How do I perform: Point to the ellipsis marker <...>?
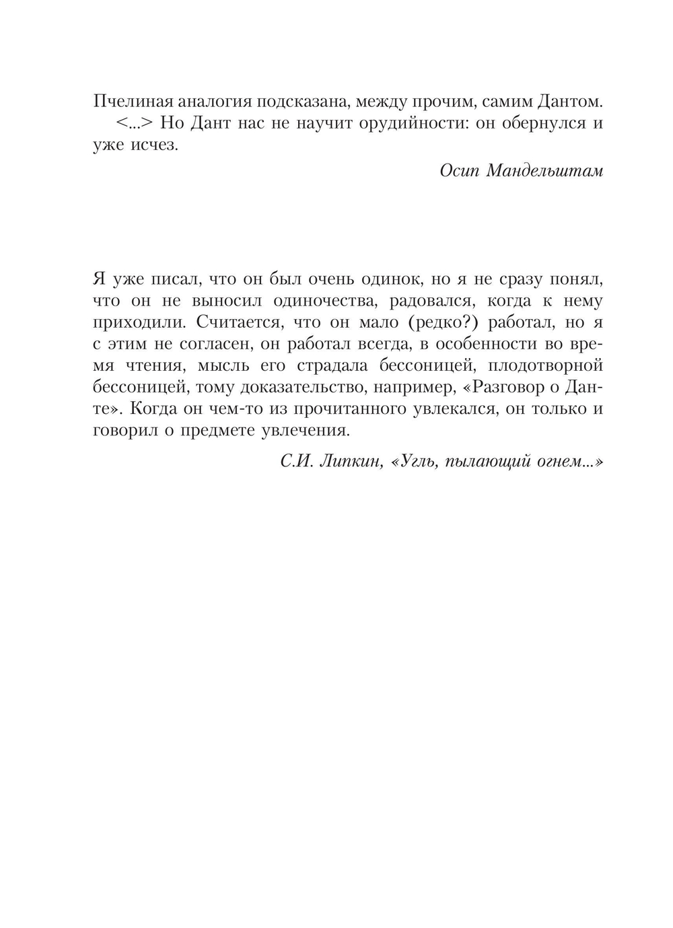(x=133, y=124)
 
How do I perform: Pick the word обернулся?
(x=518, y=124)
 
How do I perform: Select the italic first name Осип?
(x=459, y=171)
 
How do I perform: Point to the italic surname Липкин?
(x=349, y=462)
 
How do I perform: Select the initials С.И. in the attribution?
(x=295, y=462)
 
